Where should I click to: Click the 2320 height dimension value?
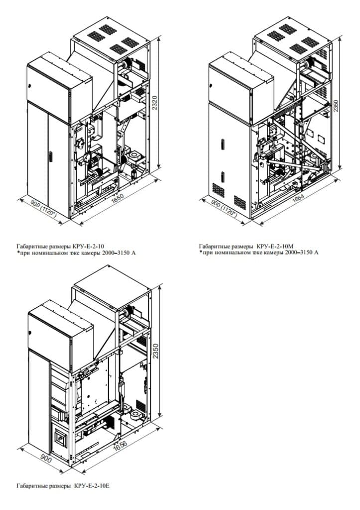pyautogui.click(x=155, y=103)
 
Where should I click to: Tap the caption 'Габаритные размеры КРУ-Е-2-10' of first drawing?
pyautogui.click(x=60, y=246)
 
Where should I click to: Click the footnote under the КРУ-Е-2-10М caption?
pyautogui.click(x=259, y=253)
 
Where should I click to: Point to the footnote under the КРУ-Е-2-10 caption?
pyautogui.click(x=76, y=253)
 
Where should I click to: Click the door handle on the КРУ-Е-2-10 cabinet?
pyautogui.click(x=51, y=156)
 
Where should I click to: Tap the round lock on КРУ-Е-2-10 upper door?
pyautogui.click(x=29, y=86)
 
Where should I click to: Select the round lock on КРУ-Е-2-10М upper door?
pyautogui.click(x=211, y=86)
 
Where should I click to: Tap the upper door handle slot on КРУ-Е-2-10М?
pyautogui.click(x=223, y=144)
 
